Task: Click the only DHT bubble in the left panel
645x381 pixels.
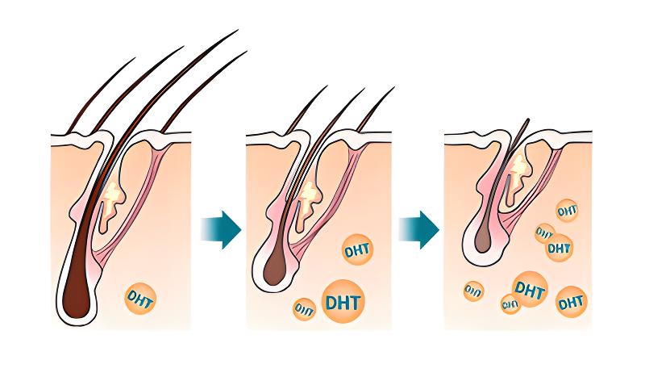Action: (140, 299)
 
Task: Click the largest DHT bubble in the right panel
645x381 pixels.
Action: (529, 290)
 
